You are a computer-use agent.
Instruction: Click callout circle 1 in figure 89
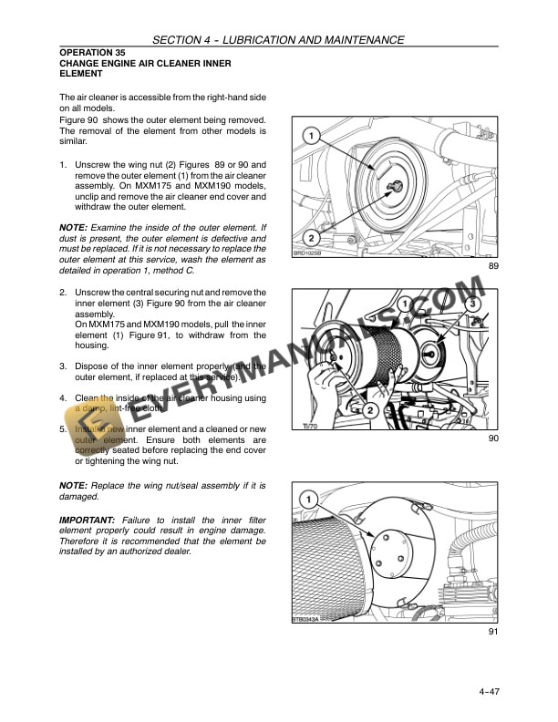(x=311, y=137)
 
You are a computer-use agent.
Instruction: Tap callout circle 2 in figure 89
(x=311, y=236)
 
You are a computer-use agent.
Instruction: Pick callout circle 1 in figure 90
(x=401, y=303)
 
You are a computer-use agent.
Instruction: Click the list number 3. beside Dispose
(x=63, y=366)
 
